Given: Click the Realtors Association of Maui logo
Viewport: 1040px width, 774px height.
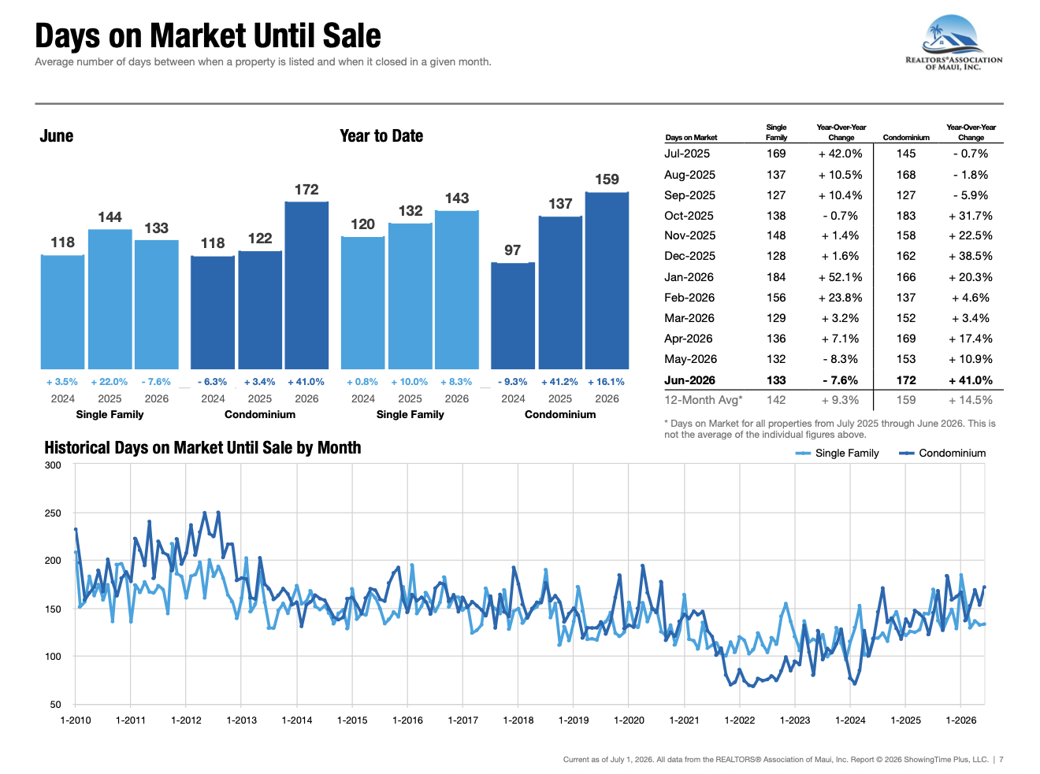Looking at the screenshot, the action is point(953,43).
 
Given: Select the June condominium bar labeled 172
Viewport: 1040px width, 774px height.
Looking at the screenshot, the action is point(306,285).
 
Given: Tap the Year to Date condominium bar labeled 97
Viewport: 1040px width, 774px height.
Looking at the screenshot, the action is point(512,316).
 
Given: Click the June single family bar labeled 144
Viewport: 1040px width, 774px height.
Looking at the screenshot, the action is point(110,299).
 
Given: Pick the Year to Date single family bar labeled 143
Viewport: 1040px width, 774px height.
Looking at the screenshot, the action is point(457,290).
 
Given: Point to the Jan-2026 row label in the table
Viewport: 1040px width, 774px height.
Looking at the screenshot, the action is point(689,277).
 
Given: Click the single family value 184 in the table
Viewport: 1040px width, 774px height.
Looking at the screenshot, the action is point(776,277).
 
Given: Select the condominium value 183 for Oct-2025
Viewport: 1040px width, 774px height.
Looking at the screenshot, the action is point(906,216).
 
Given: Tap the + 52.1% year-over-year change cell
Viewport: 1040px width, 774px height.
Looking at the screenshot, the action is point(840,277).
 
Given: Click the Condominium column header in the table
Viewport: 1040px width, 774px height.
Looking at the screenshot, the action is point(906,137).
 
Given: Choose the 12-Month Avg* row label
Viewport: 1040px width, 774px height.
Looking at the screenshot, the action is point(704,400).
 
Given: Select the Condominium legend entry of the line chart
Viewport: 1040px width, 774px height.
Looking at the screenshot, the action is point(942,453).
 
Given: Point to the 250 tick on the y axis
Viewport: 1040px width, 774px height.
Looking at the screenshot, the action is point(53,513).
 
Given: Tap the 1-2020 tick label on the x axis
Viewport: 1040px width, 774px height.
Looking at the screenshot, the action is point(629,720).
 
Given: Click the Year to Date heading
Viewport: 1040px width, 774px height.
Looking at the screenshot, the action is point(381,136).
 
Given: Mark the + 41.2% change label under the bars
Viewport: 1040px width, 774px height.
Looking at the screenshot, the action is point(559,382).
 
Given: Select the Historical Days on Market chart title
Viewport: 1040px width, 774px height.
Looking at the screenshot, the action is point(202,448).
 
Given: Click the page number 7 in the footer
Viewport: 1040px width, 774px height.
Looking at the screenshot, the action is point(1001,760).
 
